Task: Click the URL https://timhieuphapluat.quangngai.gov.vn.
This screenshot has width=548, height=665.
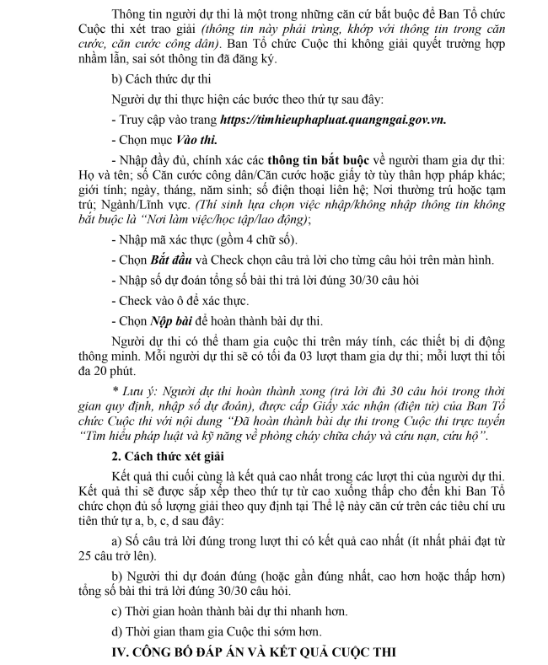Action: click(x=332, y=121)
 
